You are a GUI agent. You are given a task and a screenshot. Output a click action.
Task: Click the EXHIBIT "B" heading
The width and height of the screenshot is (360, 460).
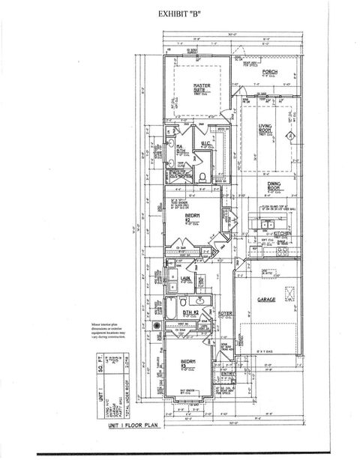pyautogui.click(x=181, y=13)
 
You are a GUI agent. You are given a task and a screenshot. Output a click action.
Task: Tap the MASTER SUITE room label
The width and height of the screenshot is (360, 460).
pyautogui.click(x=201, y=88)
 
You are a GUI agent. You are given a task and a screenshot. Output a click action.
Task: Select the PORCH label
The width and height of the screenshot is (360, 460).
pyautogui.click(x=270, y=72)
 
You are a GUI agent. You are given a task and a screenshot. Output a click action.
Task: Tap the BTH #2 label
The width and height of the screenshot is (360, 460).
pyautogui.click(x=190, y=312)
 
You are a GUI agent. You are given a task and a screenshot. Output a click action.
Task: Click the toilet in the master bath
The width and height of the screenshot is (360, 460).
pyautogui.click(x=204, y=178)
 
